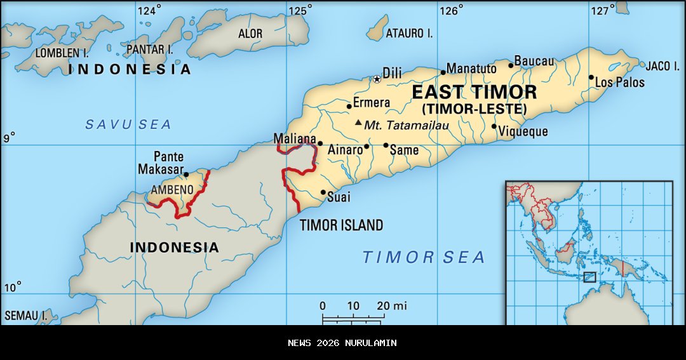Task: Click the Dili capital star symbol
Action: [x=377, y=79]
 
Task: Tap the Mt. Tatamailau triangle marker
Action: [x=359, y=123]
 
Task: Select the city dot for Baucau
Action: [x=511, y=65]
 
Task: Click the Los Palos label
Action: [x=620, y=83]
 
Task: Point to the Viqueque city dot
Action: [x=494, y=126]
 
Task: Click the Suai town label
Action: [x=338, y=197]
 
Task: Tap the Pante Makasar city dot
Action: [x=185, y=174]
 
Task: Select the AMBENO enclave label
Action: [x=171, y=189]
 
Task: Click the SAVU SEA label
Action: [x=128, y=124]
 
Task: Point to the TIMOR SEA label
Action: [x=424, y=257]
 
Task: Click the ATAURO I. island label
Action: [x=410, y=34]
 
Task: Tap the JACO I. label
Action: [x=662, y=66]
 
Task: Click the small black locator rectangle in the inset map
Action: [x=589, y=277]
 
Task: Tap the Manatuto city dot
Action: [x=443, y=72]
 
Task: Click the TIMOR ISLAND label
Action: [x=341, y=225]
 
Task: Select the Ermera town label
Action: [x=372, y=102]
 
